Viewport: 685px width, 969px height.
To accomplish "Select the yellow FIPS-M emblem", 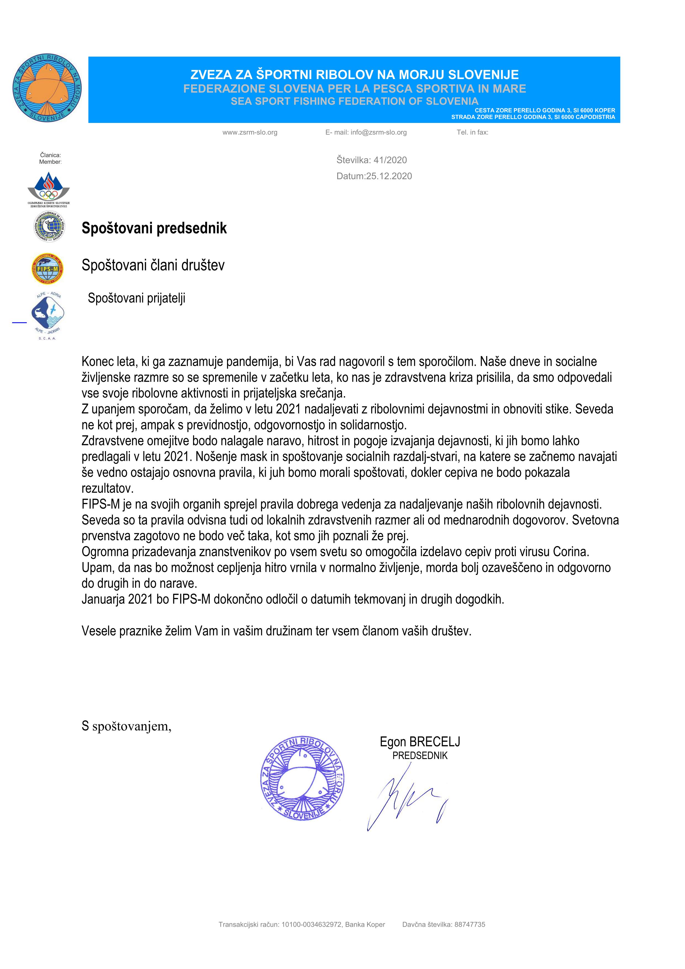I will (x=48, y=268).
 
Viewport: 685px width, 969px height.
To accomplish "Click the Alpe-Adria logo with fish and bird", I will (x=48, y=314).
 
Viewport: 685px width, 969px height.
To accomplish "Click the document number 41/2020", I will (x=390, y=160).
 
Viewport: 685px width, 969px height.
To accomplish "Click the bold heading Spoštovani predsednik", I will (x=154, y=228).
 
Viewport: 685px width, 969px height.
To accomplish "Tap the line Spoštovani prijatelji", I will (x=136, y=298).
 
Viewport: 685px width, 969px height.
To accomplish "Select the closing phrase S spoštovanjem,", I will (x=127, y=726).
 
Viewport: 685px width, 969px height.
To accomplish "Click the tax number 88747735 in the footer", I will (x=470, y=924).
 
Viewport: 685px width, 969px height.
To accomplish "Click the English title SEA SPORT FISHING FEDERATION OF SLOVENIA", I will (x=355, y=101).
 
